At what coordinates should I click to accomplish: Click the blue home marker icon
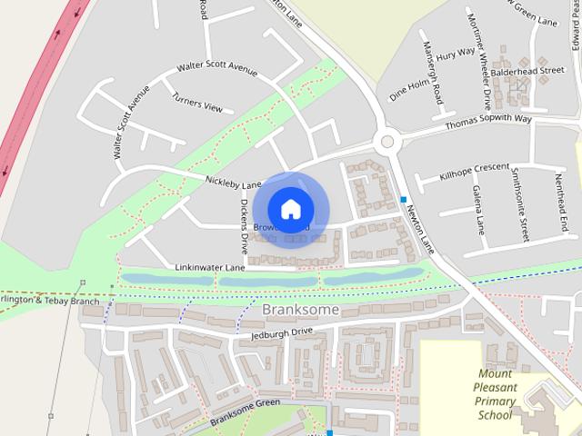(289, 209)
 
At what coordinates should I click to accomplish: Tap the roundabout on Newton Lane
(389, 141)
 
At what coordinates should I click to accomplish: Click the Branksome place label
(300, 310)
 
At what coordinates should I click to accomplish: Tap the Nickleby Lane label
(233, 183)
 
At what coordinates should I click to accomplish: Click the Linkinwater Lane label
(210, 268)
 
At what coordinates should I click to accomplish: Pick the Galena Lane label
(477, 208)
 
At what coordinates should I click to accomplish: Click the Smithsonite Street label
(520, 204)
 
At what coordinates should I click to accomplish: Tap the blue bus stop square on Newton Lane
(403, 199)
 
